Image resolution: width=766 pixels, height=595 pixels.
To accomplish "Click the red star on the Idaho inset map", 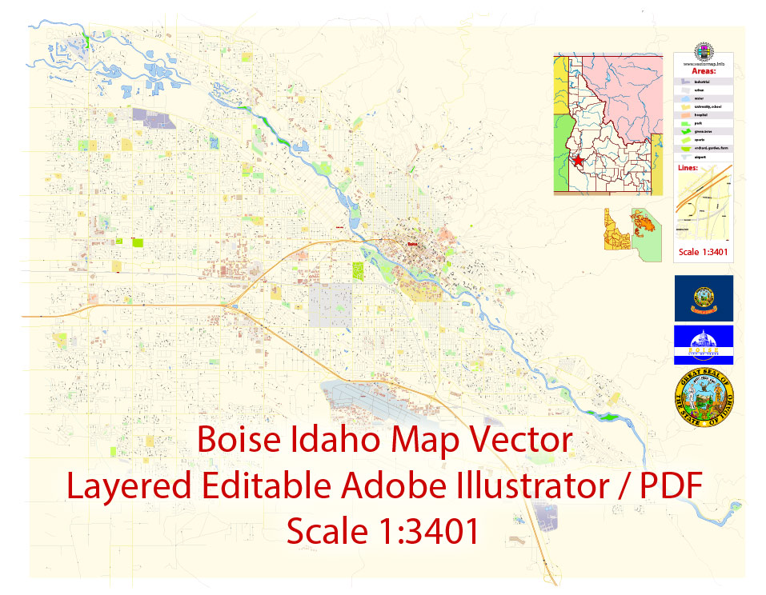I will pos(578,160).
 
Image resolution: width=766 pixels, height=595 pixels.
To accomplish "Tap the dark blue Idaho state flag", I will pos(704,297).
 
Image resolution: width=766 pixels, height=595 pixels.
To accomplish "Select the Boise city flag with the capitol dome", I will pos(704,344).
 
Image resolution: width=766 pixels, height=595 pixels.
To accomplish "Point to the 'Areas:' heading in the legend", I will pos(704,70).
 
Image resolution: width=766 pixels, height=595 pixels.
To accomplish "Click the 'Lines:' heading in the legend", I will pos(688,168).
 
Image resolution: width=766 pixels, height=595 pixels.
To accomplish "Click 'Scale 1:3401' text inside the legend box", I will pos(704,254).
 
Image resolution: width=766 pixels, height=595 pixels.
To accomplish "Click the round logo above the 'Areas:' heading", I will pos(704,50).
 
